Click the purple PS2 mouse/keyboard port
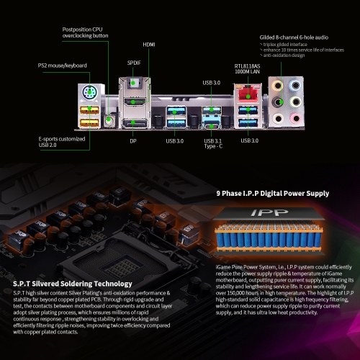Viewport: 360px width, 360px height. [89, 92]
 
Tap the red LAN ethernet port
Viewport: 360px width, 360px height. [248, 94]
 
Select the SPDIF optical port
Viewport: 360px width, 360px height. [132, 83]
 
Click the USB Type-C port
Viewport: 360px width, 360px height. [212, 126]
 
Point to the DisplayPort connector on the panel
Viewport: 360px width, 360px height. [135, 124]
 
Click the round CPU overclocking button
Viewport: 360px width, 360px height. [109, 120]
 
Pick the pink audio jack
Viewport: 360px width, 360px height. [296, 118]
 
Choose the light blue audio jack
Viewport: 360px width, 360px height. [295, 85]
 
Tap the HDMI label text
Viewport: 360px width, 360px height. [149, 45]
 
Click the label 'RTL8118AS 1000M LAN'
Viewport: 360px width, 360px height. [247, 68]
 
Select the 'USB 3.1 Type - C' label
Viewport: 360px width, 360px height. [213, 143]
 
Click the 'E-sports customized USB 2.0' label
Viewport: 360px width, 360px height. [62, 142]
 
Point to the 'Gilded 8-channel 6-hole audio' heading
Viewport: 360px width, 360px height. [294, 37]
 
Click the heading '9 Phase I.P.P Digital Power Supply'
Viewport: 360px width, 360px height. [273, 194]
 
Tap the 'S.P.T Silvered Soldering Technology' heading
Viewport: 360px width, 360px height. [73, 284]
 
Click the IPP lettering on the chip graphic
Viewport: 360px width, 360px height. [269, 212]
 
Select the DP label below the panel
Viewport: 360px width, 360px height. [133, 141]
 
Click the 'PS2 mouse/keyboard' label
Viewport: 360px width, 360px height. [63, 66]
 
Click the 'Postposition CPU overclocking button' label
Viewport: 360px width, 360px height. [85, 32]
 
